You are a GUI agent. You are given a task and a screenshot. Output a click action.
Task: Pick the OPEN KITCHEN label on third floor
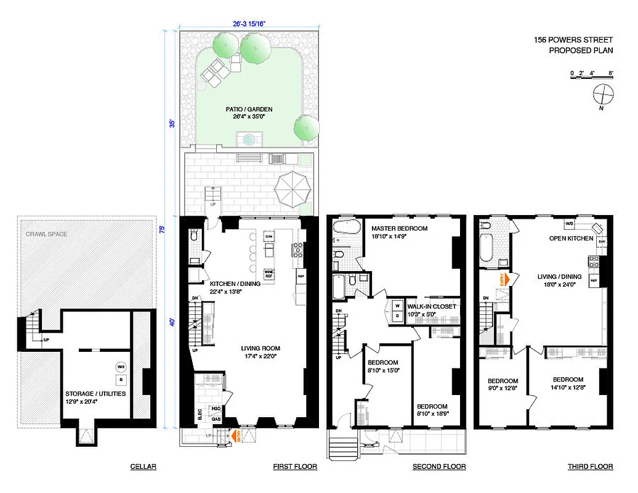pyautogui.click(x=571, y=238)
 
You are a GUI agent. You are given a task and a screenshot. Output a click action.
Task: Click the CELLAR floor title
pyautogui.click(x=143, y=467)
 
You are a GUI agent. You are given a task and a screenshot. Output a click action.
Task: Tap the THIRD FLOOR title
pyautogui.click(x=590, y=467)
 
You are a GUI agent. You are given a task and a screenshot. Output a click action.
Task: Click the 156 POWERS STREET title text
pyautogui.click(x=573, y=41)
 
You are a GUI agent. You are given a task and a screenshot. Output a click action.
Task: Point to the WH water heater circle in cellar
pyautogui.click(x=121, y=367)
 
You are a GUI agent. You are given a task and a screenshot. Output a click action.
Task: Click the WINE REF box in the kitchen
pyautogui.click(x=269, y=273)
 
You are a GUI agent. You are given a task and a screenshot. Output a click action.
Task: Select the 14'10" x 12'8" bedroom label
pyautogui.click(x=568, y=383)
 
